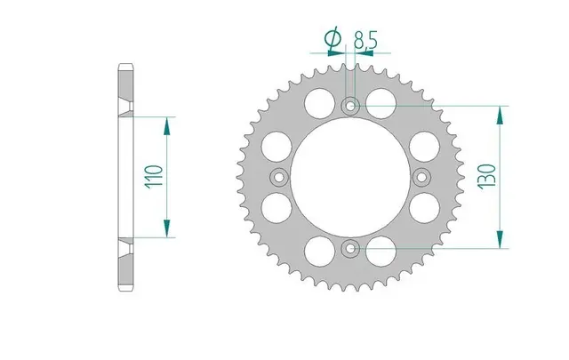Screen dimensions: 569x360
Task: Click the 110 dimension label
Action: (154, 177)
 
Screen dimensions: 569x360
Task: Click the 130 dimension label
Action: (487, 177)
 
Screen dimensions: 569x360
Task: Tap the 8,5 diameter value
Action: (365, 40)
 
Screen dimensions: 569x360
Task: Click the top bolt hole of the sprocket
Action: (350, 107)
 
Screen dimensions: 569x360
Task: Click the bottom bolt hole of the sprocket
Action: (350, 249)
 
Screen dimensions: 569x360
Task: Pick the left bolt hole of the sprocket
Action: (279, 178)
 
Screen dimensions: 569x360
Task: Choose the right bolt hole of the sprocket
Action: (421, 178)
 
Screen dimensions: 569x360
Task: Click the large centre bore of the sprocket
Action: (350, 178)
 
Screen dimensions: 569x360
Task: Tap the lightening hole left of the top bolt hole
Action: (320, 103)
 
